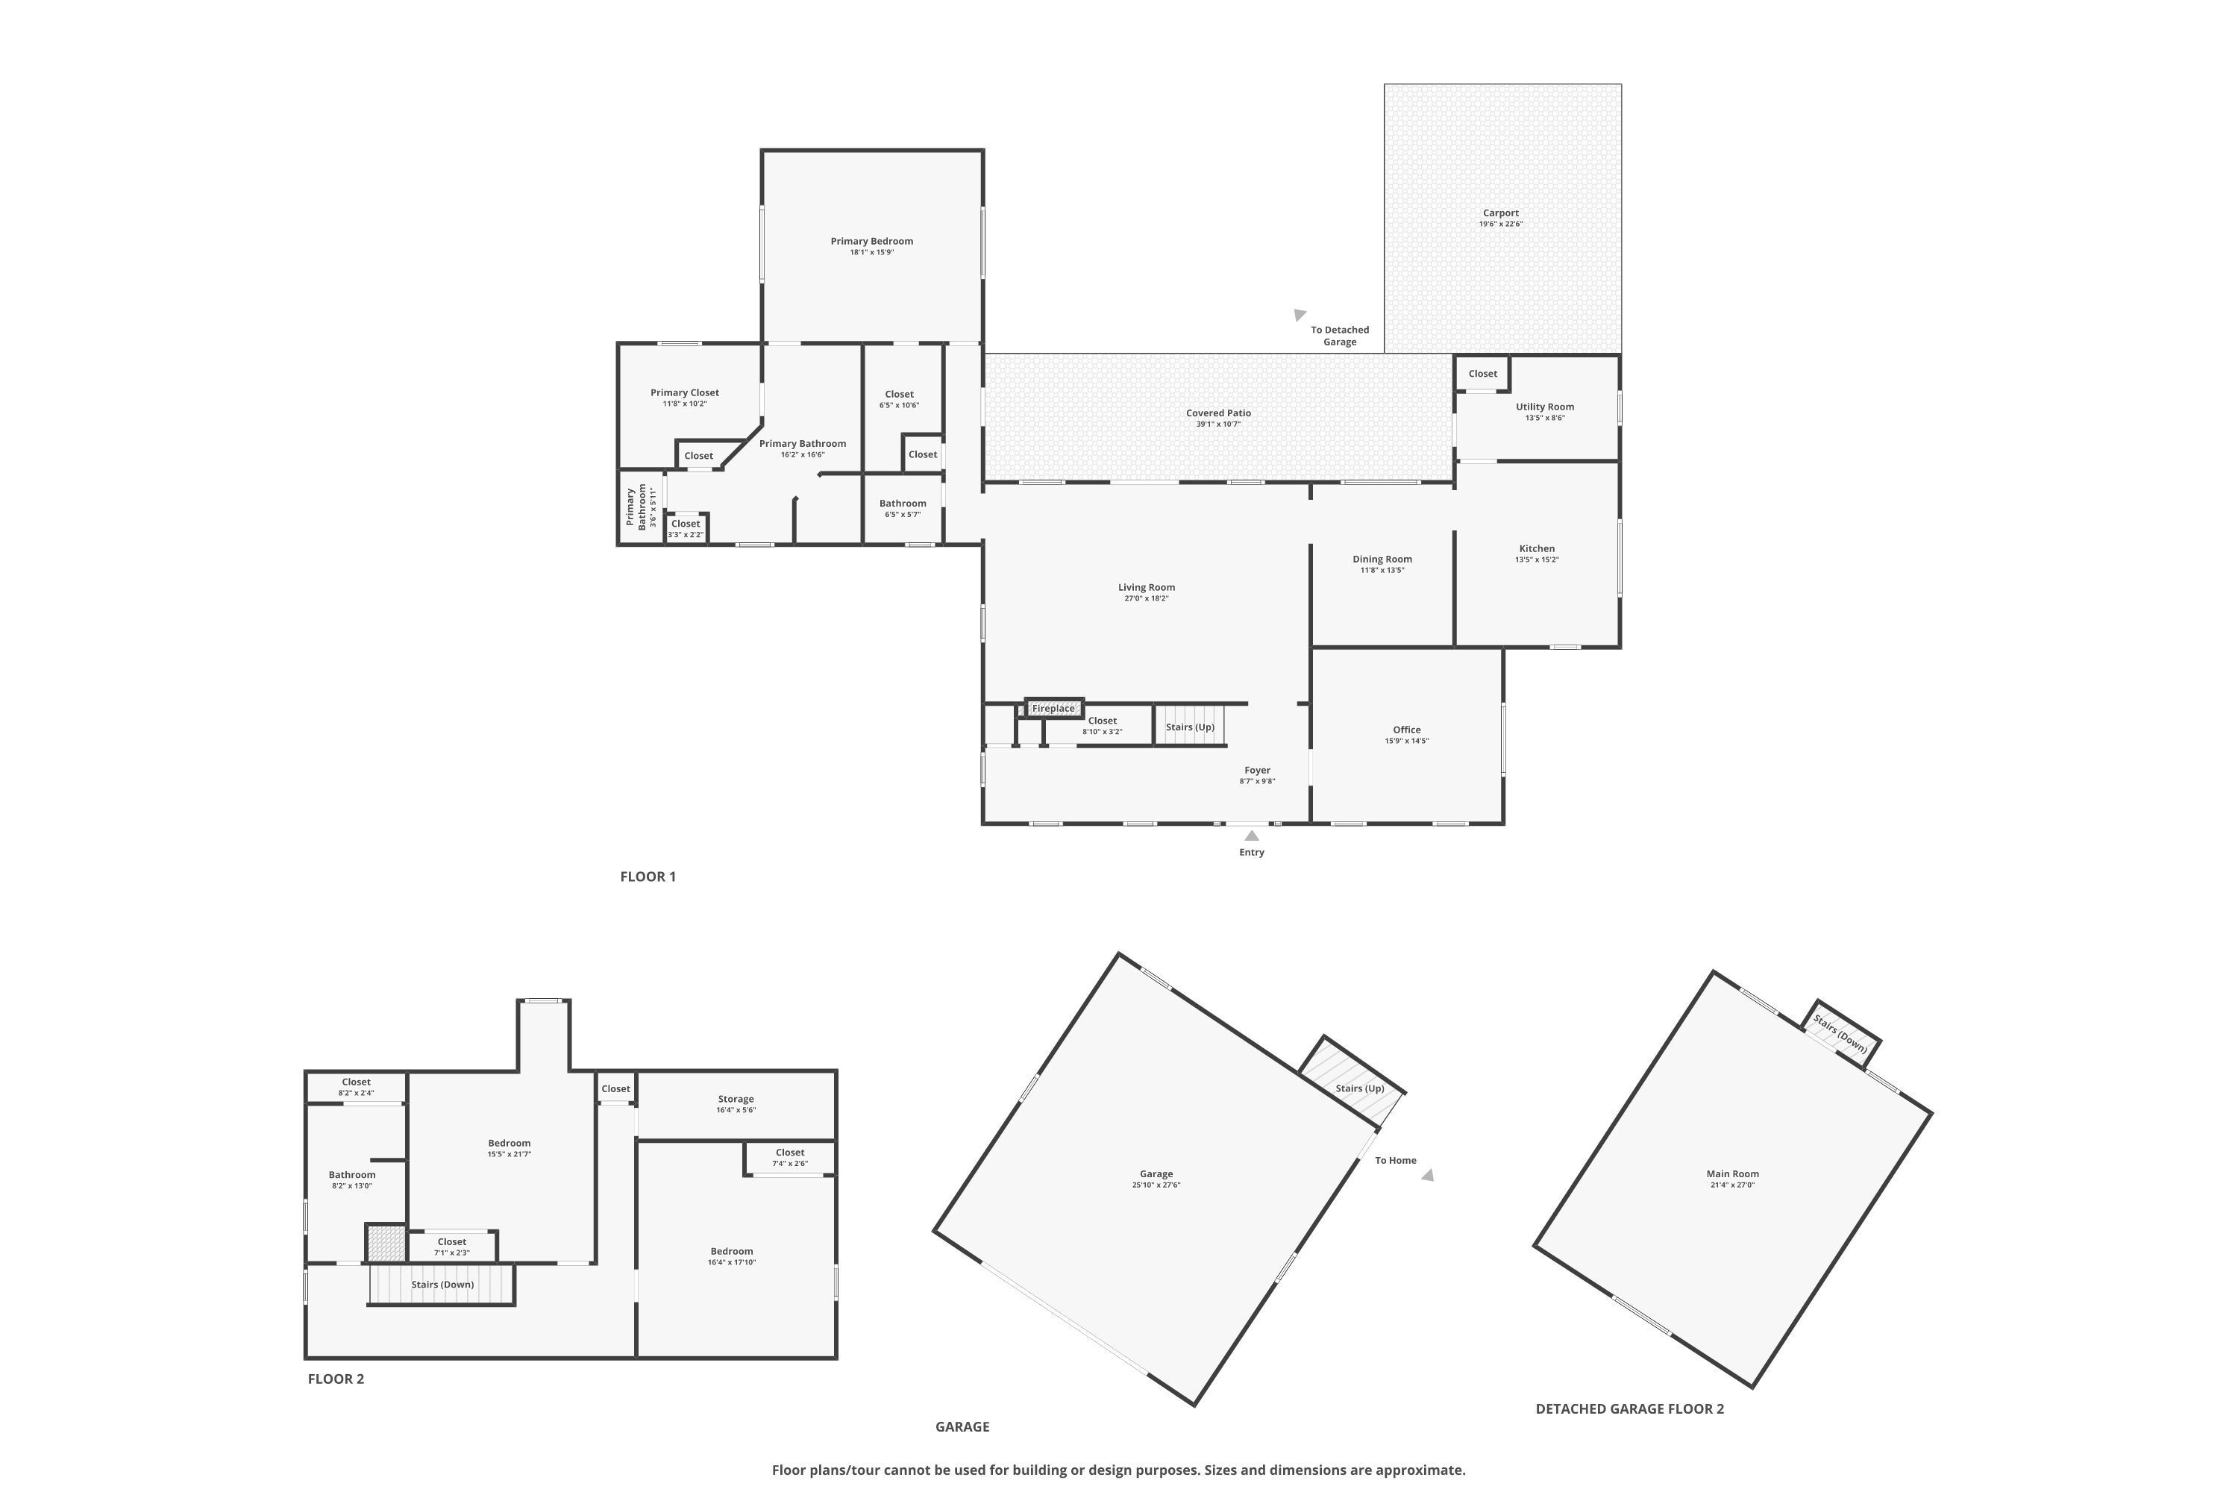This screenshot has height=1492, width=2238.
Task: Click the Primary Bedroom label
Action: point(871,242)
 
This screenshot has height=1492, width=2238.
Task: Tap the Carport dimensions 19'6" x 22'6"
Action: point(1500,225)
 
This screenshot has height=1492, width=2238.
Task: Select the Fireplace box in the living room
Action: point(1053,708)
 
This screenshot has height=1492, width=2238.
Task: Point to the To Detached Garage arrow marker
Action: point(1300,315)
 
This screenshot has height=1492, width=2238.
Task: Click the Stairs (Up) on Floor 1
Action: point(1189,727)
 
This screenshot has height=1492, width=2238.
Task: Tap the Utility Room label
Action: point(1544,407)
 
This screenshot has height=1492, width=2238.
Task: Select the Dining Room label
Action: point(1382,559)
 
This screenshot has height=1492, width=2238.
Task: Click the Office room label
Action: point(1406,730)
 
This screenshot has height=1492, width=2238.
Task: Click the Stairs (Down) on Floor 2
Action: point(442,1285)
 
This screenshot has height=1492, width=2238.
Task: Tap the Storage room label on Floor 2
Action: point(736,1099)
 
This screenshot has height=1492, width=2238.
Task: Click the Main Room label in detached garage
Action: point(1731,1174)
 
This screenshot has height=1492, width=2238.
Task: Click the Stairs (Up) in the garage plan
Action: point(1358,1088)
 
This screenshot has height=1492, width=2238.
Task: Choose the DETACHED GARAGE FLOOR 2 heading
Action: point(1629,1409)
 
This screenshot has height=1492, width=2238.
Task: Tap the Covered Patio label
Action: point(1218,413)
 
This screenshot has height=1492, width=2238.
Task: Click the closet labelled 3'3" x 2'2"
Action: point(685,528)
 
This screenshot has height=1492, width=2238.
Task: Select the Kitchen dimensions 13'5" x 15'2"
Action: point(1537,559)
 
